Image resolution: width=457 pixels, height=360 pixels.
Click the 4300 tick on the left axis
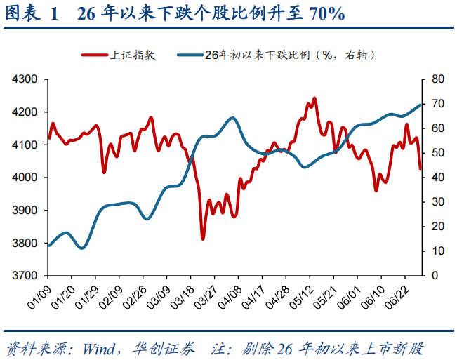tap(25, 79)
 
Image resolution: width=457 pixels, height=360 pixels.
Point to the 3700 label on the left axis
tap(25, 276)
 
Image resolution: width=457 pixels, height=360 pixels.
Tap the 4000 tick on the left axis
tap(25, 178)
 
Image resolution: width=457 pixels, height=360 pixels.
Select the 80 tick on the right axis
tap(438, 79)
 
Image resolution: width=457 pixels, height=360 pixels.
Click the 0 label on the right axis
tap(435, 276)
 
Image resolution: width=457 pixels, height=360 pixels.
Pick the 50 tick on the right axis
tap(438, 153)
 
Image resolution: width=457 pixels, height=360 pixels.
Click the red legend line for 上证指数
tap(95, 55)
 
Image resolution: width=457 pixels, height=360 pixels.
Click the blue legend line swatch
tap(190, 55)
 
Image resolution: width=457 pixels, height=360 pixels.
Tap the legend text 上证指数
tap(133, 55)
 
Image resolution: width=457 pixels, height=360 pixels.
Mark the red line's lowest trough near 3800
tap(203, 239)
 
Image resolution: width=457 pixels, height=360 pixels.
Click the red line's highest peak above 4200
tap(314, 98)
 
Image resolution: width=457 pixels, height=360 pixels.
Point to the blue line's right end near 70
tap(420, 105)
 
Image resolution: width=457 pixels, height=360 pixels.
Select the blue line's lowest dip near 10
tap(82, 248)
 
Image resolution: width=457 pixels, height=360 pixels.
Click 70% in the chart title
tap(327, 13)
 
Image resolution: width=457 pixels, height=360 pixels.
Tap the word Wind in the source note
tap(99, 349)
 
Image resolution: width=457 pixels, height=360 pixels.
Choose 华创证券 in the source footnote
tap(164, 349)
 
